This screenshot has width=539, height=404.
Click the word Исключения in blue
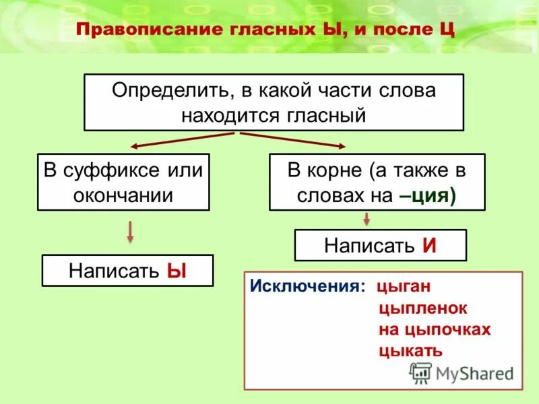click(307, 286)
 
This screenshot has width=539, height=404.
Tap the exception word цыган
click(404, 286)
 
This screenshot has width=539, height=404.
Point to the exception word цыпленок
click(423, 308)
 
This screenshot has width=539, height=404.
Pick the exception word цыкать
click(410, 350)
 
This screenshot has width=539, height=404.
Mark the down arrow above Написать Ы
click(130, 232)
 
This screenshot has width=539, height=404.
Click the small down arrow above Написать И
click(367, 218)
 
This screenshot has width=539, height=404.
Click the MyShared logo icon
click(420, 372)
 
